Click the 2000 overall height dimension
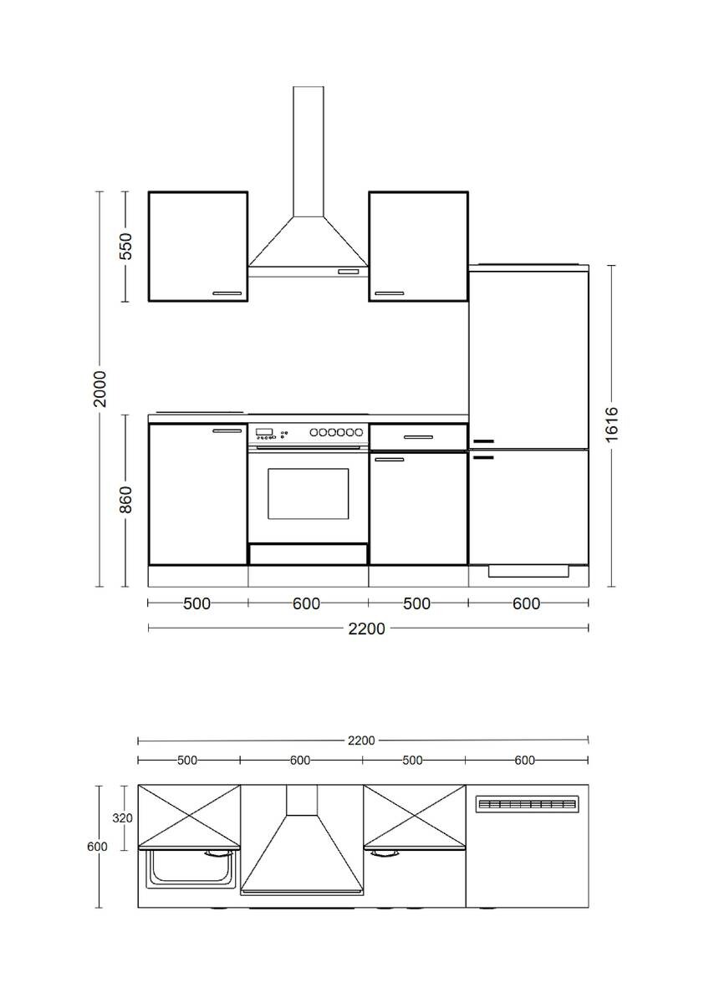coord(99,388)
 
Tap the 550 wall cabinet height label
coord(126,247)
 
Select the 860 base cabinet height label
coord(126,499)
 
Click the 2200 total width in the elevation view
coord(367,629)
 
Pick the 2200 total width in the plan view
coord(362,740)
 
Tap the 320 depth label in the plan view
coord(123,818)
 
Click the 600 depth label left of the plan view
coord(97,847)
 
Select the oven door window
coord(308,493)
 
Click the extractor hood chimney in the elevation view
coord(309,150)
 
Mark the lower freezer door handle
coord(483,457)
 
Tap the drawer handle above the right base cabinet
coord(417,436)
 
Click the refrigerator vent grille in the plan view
coord(526,804)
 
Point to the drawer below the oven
coord(308,553)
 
